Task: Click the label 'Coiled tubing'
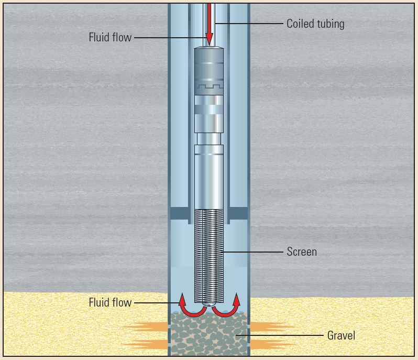[315, 24]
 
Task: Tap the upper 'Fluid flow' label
[110, 38]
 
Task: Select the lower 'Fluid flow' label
[110, 302]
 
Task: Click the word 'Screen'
[302, 252]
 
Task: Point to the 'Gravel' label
[341, 335]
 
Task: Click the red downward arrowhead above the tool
[209, 39]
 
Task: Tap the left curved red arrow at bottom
[188, 307]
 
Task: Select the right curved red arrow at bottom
[230, 307]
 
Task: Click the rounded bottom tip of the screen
[209, 306]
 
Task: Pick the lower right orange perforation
[272, 345]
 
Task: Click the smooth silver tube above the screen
[209, 181]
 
